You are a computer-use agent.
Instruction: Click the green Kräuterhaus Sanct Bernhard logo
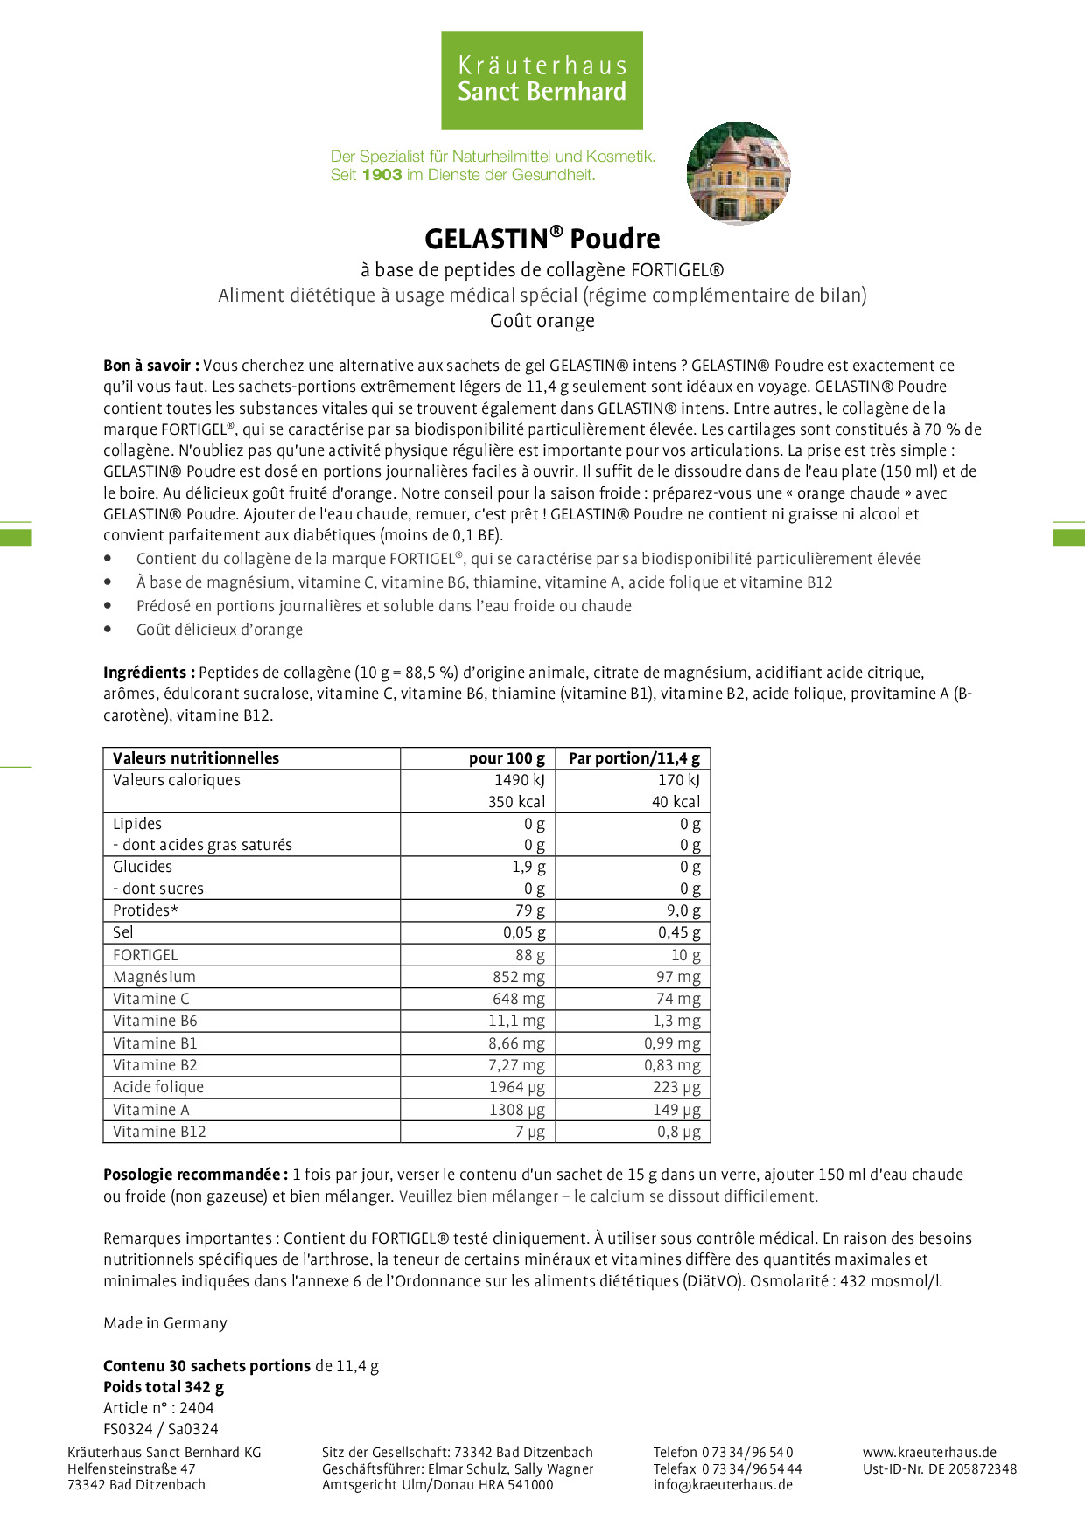pyautogui.click(x=542, y=80)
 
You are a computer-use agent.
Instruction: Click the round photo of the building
pyautogui.click(x=738, y=173)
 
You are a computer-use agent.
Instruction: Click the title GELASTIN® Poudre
pyautogui.click(x=542, y=238)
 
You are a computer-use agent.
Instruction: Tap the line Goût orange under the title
pyautogui.click(x=542, y=321)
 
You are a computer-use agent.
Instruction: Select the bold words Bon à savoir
pyautogui.click(x=151, y=366)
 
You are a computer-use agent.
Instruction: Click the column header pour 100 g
pyautogui.click(x=507, y=758)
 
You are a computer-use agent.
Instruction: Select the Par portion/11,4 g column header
pyautogui.click(x=633, y=758)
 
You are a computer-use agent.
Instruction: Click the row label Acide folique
pyautogui.click(x=158, y=1087)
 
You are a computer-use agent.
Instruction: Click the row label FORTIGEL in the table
pyautogui.click(x=145, y=955)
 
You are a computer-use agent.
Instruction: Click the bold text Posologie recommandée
pyautogui.click(x=195, y=1175)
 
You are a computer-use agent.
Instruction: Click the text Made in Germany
pyautogui.click(x=165, y=1323)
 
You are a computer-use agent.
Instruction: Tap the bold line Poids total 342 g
pyautogui.click(x=164, y=1387)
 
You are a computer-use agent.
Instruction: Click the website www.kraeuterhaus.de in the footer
pyautogui.click(x=929, y=1453)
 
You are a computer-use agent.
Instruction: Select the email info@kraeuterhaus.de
pyautogui.click(x=723, y=1485)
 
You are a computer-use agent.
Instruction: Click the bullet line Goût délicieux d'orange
pyautogui.click(x=219, y=630)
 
